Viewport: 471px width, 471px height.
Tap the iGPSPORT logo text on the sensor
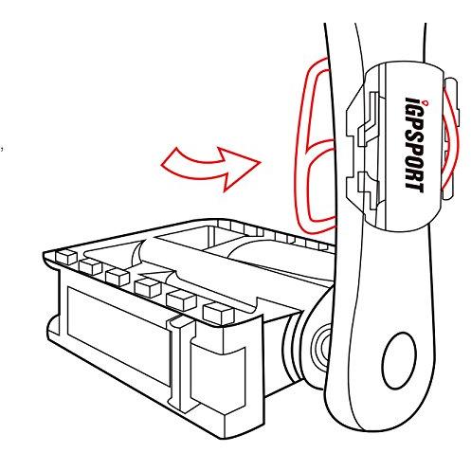[414, 145]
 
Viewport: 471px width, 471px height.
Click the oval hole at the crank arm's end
[399, 361]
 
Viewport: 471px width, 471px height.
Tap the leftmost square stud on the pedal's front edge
[66, 257]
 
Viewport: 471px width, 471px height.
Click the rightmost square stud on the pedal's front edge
[219, 313]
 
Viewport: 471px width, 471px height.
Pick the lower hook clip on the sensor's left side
[368, 190]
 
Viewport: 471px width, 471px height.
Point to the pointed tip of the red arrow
[261, 162]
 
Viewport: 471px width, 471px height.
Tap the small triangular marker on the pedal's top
[154, 273]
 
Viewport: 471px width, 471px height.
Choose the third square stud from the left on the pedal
[118, 277]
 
